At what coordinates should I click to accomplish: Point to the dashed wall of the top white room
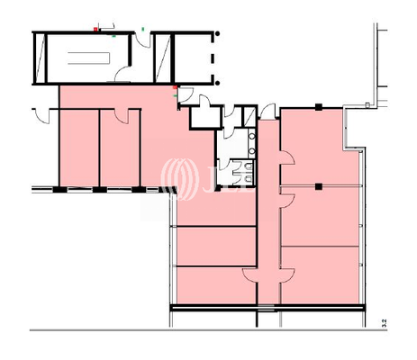click(x=213, y=58)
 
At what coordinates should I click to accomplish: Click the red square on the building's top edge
click(x=96, y=30)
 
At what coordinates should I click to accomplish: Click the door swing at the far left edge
click(x=39, y=114)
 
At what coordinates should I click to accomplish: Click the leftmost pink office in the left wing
click(x=77, y=148)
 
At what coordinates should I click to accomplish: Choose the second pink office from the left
click(x=118, y=148)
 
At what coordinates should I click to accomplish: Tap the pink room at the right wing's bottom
click(x=320, y=274)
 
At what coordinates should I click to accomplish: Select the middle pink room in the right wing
click(x=320, y=216)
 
